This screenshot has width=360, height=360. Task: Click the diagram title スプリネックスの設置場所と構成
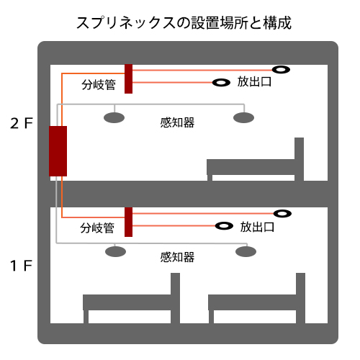click(184, 23)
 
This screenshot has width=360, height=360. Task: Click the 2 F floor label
click(22, 123)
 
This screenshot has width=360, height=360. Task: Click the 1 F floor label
click(21, 266)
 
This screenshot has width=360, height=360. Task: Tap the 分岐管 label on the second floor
click(99, 85)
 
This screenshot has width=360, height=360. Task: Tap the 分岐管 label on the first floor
click(97, 228)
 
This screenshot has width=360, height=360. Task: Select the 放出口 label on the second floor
click(254, 81)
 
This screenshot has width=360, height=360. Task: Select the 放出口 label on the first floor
click(257, 227)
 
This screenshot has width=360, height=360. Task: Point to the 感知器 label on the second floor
click(177, 122)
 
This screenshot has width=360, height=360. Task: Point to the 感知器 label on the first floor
click(177, 257)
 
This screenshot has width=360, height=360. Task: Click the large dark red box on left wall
click(58, 151)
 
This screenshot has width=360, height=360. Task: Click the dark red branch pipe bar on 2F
click(129, 78)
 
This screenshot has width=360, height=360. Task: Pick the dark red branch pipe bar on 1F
click(129, 222)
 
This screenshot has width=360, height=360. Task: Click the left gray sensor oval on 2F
click(114, 117)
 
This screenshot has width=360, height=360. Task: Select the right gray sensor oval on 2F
click(243, 117)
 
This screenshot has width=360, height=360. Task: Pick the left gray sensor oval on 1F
click(116, 251)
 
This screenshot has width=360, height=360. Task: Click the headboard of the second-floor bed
click(299, 159)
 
